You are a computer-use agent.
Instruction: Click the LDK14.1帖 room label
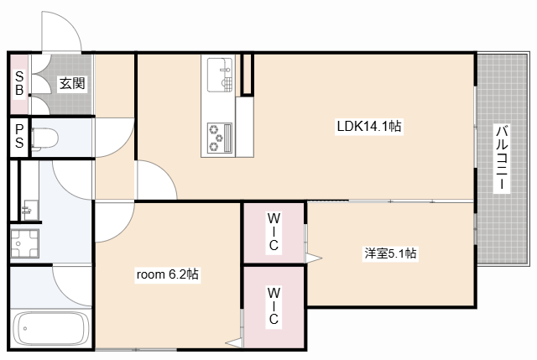[x=369, y=127]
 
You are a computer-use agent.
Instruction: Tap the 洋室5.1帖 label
[x=390, y=253]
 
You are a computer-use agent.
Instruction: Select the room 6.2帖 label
[x=168, y=274]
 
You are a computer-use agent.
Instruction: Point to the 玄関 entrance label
[x=72, y=83]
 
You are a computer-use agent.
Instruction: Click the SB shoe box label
[x=19, y=83]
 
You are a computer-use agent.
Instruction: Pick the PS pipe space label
[x=19, y=136]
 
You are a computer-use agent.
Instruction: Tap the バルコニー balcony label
[x=502, y=158]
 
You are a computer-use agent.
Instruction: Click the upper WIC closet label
[x=274, y=232]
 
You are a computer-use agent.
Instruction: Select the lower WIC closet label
[x=274, y=306]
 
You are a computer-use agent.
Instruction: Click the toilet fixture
[x=44, y=138]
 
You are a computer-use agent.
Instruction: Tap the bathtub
[x=50, y=328]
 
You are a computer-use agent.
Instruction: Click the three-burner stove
[x=220, y=138]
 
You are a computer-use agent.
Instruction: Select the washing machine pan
[x=24, y=243]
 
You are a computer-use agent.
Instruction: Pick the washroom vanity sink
[x=30, y=210]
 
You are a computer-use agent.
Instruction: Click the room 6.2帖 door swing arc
[x=125, y=229]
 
